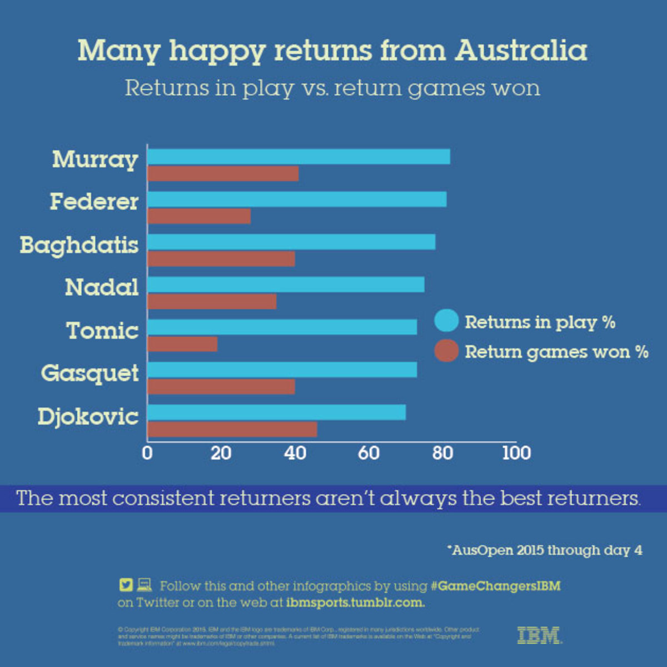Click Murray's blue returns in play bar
(298, 157)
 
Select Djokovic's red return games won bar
(232, 429)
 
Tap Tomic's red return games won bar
(182, 344)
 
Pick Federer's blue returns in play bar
(297, 199)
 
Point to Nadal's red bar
(212, 301)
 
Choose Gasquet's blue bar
(282, 370)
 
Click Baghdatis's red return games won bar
(221, 259)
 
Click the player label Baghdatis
(79, 245)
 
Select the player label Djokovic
(88, 416)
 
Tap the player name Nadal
(102, 287)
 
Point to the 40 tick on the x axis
(295, 453)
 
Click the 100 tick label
(516, 453)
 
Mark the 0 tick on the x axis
(147, 453)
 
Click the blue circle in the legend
(446, 321)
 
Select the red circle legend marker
(446, 351)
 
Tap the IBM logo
(539, 635)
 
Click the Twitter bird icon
(126, 585)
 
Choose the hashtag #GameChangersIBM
(495, 586)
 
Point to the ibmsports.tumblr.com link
(356, 602)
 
